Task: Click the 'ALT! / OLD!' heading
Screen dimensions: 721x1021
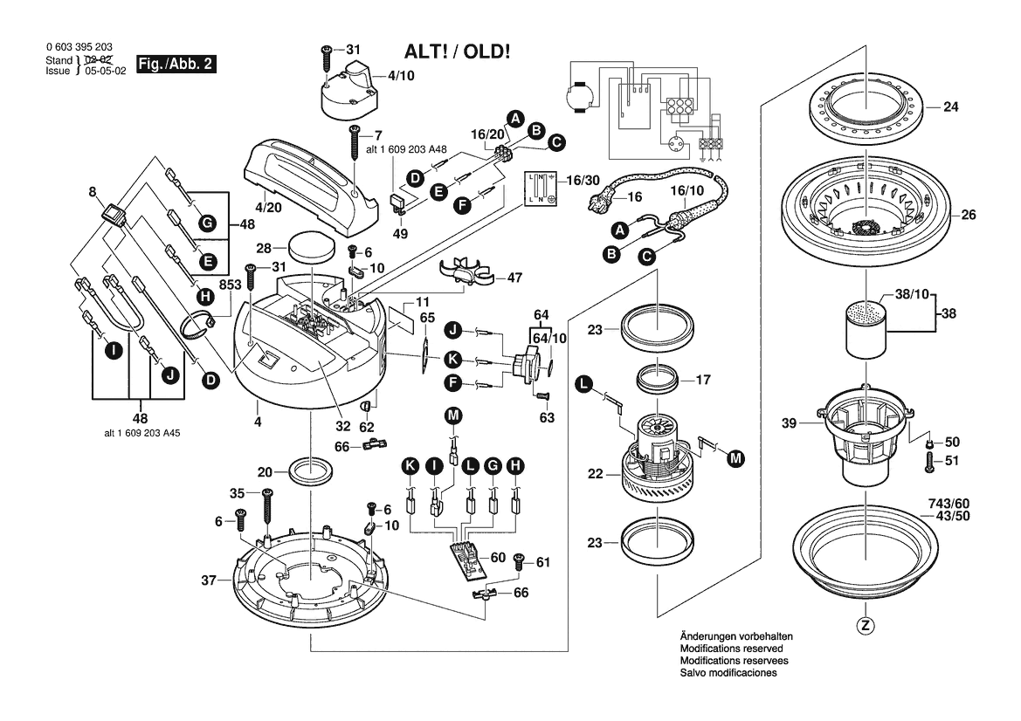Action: click(x=457, y=51)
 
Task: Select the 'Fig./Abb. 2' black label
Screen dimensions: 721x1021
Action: click(x=178, y=65)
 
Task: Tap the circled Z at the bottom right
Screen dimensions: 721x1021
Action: click(x=866, y=625)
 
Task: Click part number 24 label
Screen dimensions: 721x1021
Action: click(x=950, y=109)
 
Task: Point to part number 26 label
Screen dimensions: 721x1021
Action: click(x=968, y=215)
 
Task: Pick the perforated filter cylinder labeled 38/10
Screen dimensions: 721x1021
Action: click(x=868, y=328)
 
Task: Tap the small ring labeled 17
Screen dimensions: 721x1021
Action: click(x=656, y=378)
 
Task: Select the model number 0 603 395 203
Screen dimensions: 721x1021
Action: click(x=78, y=47)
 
